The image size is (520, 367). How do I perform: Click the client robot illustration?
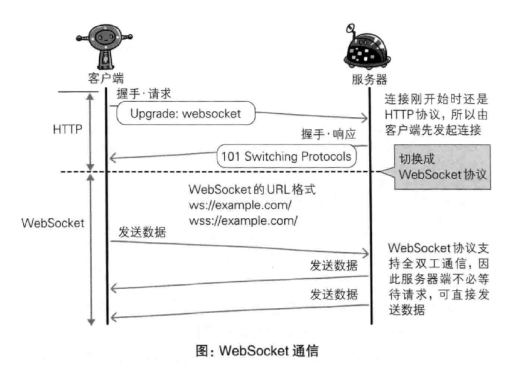[105, 47]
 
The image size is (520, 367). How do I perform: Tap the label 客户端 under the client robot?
[106, 78]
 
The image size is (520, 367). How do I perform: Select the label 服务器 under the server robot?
[370, 79]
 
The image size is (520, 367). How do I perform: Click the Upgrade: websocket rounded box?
[186, 113]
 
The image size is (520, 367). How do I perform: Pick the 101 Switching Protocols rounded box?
[286, 156]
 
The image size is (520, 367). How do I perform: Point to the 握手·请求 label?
[144, 94]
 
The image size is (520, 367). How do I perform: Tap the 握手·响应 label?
[328, 134]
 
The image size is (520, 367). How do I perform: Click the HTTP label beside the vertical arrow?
[68, 129]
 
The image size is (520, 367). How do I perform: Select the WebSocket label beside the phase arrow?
[53, 223]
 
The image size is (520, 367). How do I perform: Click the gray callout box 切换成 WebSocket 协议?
[442, 167]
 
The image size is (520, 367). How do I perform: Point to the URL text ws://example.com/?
[240, 205]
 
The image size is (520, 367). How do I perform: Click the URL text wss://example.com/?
[243, 221]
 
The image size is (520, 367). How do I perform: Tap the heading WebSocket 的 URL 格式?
[252, 190]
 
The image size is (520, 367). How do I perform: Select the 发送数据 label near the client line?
[142, 232]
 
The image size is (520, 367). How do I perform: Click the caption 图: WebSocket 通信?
[257, 351]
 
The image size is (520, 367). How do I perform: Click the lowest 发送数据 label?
[334, 295]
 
